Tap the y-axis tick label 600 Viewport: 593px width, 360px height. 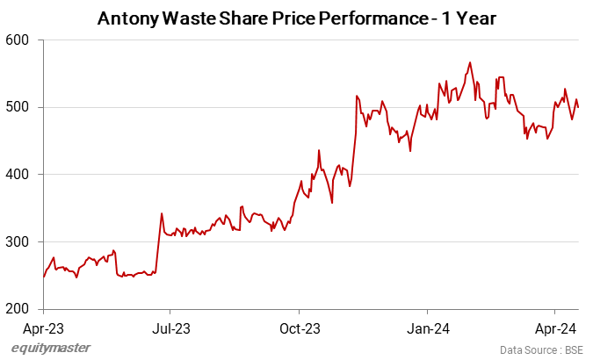pos(18,40)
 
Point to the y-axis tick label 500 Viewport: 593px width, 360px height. pos(18,107)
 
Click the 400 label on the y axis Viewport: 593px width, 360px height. pos(18,175)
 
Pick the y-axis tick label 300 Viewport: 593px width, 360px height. pos(18,242)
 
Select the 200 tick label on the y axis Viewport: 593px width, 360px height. pos(18,309)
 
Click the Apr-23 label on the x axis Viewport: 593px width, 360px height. pos(44,328)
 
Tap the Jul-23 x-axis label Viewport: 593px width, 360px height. pos(170,328)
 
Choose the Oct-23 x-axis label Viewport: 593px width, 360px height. pos(299,328)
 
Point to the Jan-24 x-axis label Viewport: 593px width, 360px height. pos(427,328)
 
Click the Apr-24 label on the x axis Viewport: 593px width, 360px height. pos(554,328)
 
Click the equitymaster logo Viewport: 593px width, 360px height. pos(51,349)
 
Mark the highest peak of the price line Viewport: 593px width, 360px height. pos(470,62)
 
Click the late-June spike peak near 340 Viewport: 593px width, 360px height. pos(162,213)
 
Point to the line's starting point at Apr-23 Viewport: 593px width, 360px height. pos(44,277)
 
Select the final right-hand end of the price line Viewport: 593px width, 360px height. pos(578,107)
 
